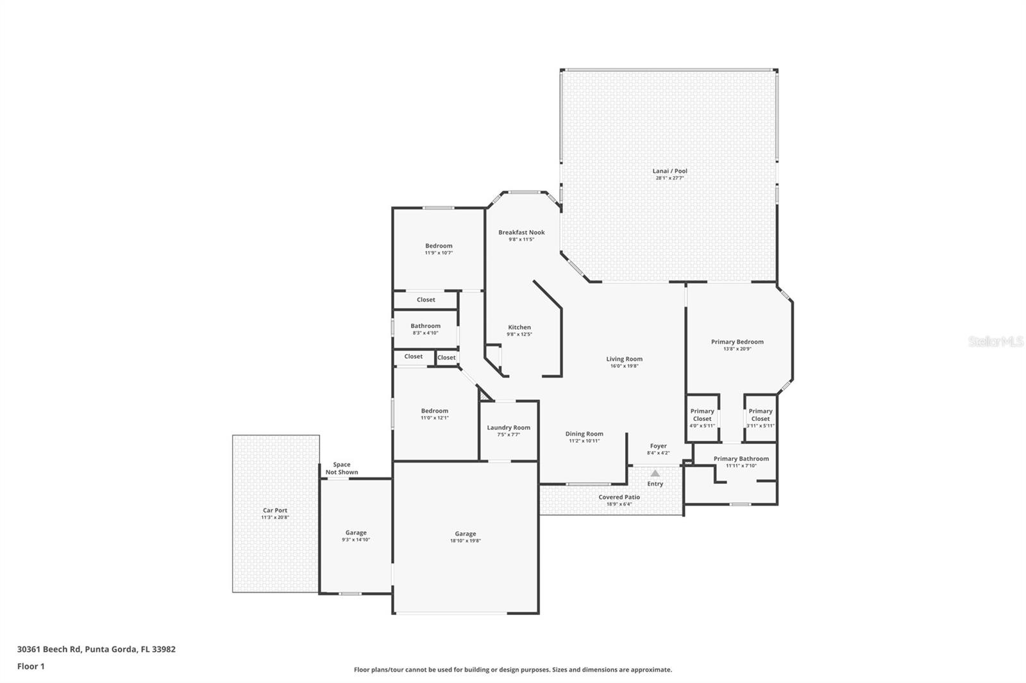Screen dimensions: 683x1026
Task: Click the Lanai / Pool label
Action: [x=669, y=171]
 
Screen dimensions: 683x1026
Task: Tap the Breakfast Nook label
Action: [x=521, y=233]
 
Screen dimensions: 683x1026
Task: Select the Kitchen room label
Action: [x=519, y=327]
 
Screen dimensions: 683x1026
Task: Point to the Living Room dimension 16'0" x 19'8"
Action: [x=624, y=366]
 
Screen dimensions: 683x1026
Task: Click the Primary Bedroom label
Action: [x=737, y=342]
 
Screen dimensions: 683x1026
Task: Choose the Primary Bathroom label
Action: [x=741, y=459]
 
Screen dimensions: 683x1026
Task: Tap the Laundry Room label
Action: [x=509, y=428]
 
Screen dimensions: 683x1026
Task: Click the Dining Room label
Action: [x=584, y=434]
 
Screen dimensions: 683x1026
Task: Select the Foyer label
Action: [x=658, y=446]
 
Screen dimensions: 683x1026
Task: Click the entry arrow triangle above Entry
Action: [x=655, y=473]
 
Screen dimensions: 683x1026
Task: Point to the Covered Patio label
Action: [x=619, y=497]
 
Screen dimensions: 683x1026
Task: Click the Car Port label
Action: [x=275, y=511]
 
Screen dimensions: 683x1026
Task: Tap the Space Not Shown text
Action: [x=342, y=468]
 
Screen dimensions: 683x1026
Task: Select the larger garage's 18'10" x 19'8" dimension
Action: [x=466, y=541]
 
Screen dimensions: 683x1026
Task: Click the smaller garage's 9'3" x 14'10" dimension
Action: [x=356, y=539]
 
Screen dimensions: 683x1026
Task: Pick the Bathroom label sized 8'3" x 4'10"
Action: [x=425, y=326]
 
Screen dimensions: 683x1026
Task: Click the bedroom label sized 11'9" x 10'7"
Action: [x=439, y=246]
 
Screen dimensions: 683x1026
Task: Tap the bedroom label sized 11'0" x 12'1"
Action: [x=434, y=411]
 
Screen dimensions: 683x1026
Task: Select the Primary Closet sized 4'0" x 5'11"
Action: [x=702, y=415]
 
